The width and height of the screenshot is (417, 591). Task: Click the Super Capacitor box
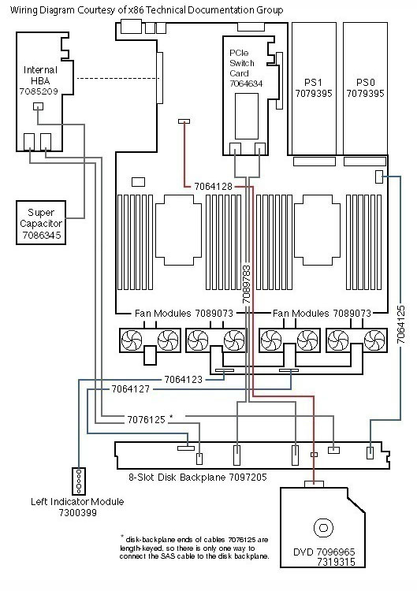click(x=41, y=223)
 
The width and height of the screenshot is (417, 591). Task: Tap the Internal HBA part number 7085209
click(x=39, y=91)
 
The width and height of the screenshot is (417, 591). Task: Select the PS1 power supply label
click(x=314, y=88)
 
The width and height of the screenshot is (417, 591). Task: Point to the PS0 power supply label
click(x=365, y=88)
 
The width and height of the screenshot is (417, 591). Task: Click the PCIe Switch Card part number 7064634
click(x=246, y=84)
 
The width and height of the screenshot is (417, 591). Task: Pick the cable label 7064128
click(x=214, y=187)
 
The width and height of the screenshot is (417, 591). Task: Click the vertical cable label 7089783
click(x=246, y=284)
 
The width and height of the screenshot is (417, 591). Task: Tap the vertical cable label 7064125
click(x=401, y=325)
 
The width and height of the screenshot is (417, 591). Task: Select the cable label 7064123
click(x=183, y=380)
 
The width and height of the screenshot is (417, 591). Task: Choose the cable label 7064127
click(x=130, y=389)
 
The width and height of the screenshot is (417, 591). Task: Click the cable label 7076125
click(x=147, y=420)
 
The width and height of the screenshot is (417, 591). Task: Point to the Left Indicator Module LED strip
click(x=79, y=481)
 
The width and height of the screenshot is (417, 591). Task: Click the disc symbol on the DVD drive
click(x=323, y=528)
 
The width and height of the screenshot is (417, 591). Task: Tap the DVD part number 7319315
click(x=336, y=562)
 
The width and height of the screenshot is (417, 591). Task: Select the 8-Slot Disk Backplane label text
click(x=198, y=478)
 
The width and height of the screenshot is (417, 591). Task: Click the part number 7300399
click(x=78, y=513)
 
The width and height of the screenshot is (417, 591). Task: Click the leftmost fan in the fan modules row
click(x=132, y=340)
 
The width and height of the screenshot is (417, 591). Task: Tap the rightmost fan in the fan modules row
click(x=374, y=340)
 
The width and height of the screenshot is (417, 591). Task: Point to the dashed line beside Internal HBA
click(x=118, y=78)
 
